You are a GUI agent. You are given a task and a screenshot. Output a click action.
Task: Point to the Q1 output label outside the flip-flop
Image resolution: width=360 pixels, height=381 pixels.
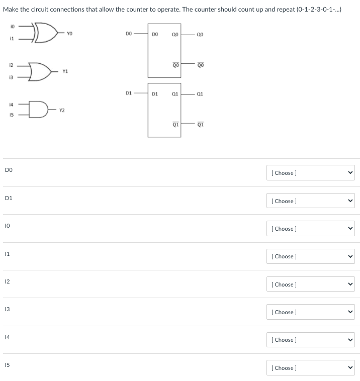[x=200, y=93]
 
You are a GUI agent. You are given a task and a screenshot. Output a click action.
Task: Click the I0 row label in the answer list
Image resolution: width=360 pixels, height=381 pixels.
[x=8, y=226]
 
